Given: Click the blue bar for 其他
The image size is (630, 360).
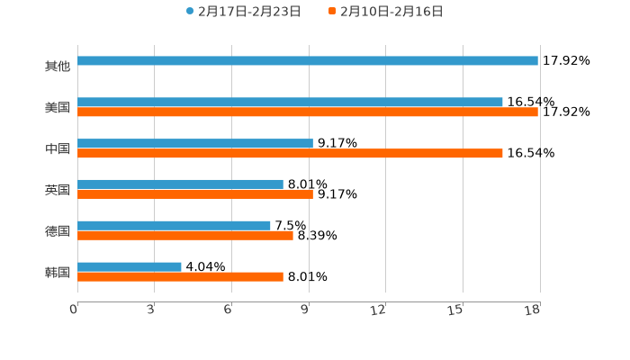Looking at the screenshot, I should pyautogui.click(x=308, y=61).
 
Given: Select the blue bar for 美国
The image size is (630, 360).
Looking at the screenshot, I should pyautogui.click(x=290, y=103).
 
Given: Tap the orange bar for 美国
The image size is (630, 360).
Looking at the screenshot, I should pyautogui.click(x=308, y=112).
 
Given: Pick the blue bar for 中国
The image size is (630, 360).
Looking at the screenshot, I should pyautogui.click(x=195, y=144).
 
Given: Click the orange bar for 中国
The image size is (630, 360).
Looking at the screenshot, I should pyautogui.click(x=290, y=154).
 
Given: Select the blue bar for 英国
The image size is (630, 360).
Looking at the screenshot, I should pyautogui.click(x=180, y=184).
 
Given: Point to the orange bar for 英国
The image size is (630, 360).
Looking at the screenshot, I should pyautogui.click(x=195, y=194).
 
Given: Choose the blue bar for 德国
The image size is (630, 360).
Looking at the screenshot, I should pyautogui.click(x=174, y=226).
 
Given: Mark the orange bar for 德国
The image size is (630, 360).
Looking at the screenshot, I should pyautogui.click(x=185, y=236).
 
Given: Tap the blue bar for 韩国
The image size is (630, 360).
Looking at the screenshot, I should pyautogui.click(x=130, y=267).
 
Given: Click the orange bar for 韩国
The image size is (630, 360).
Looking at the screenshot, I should pyautogui.click(x=180, y=277).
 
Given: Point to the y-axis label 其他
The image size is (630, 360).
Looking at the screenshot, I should pyautogui.click(x=58, y=67).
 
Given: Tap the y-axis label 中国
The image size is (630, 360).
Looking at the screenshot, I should pyautogui.click(x=58, y=148).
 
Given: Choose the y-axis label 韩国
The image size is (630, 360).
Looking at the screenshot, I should pyautogui.click(x=58, y=272).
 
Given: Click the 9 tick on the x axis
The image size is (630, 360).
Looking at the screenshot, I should pyautogui.click(x=306, y=310).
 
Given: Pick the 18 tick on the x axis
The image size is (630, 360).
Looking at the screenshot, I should pyautogui.click(x=533, y=310).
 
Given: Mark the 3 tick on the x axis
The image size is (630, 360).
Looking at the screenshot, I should pyautogui.click(x=151, y=310).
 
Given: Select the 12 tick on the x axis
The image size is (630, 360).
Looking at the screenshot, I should pyautogui.click(x=379, y=310).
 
